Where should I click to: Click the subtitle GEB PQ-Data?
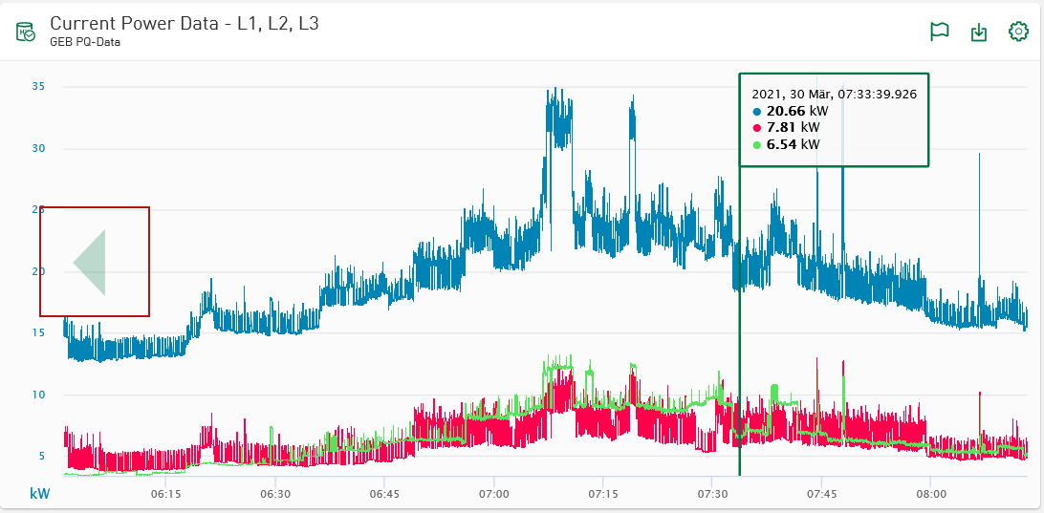pos(85,42)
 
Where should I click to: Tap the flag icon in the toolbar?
pos(940,32)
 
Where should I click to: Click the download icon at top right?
pos(979,32)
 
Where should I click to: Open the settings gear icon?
pos(1018,32)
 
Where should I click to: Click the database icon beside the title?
pos(26,32)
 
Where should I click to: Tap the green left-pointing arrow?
pos(91,262)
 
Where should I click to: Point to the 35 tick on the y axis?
pos(39,87)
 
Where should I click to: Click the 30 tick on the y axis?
pos(39,148)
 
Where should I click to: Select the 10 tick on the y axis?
pos(39,395)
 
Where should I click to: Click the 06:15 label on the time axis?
pos(166,494)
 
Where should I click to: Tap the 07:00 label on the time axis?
pos(493,494)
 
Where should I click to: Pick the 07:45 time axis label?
pos(821,494)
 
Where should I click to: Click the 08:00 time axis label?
pos(930,494)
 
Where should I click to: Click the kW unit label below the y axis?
pos(40,494)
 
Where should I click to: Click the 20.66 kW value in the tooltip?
pos(793,111)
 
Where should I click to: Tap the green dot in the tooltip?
pos(757,145)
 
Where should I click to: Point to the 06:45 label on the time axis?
pos(384,494)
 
